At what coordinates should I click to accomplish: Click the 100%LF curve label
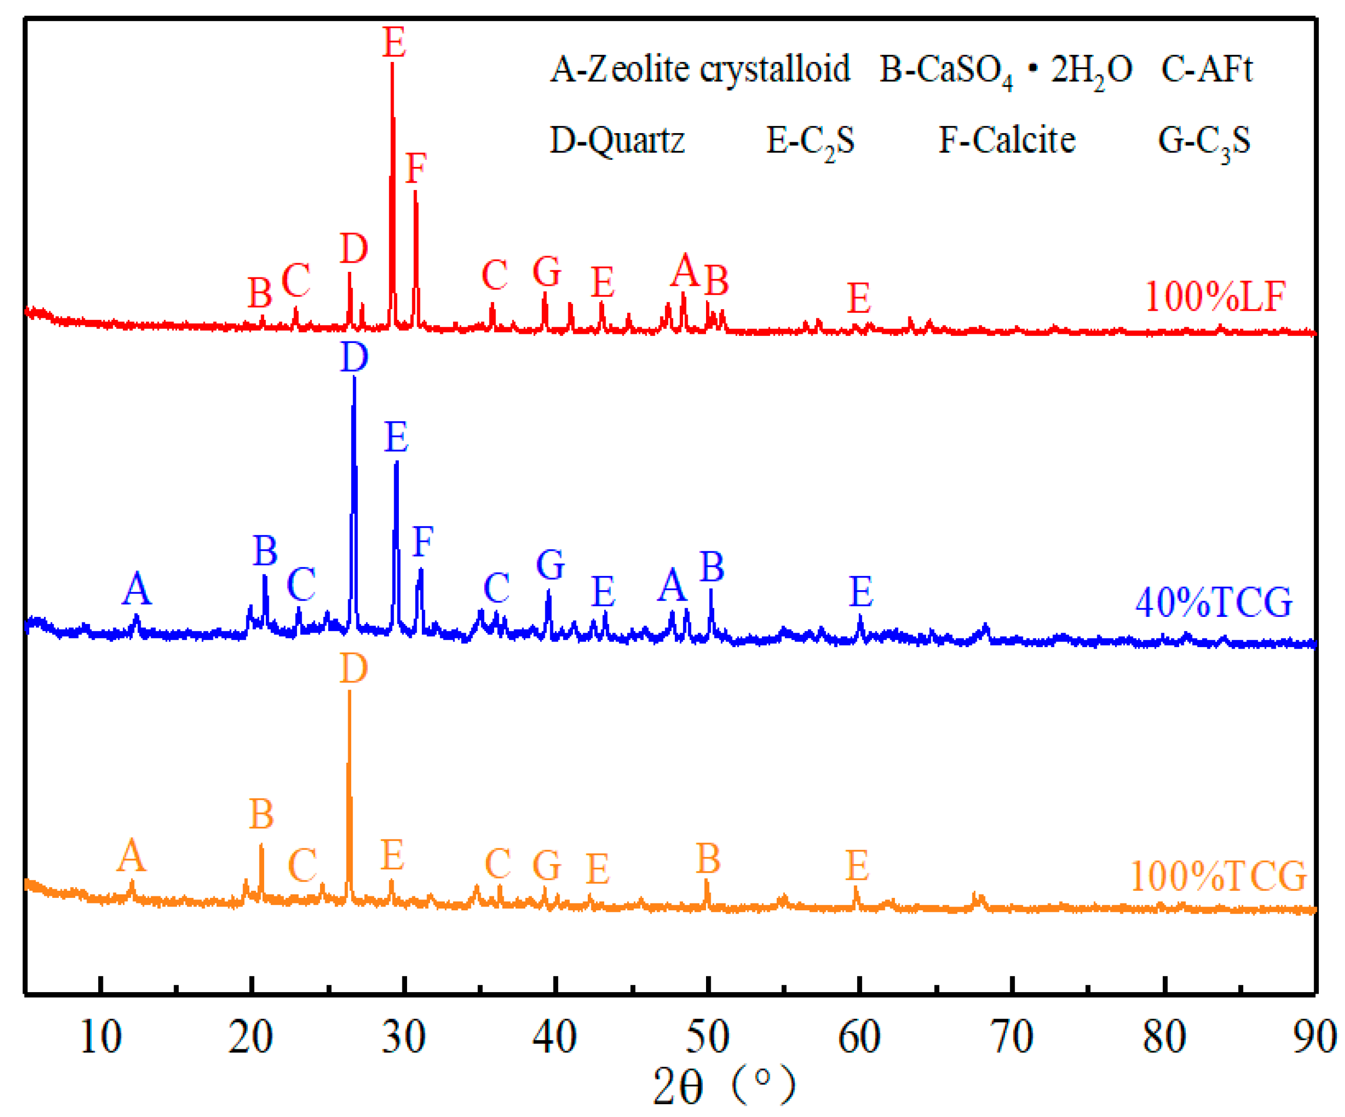click(1215, 297)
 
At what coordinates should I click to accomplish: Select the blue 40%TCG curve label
click(1214, 603)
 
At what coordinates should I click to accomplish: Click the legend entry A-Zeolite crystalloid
click(700, 69)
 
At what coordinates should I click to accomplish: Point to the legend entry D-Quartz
click(617, 140)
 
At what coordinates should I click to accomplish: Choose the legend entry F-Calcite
click(1007, 140)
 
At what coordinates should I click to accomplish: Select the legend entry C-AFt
click(1207, 69)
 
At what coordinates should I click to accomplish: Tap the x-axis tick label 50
click(707, 1038)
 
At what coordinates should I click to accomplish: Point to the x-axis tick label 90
click(1314, 1038)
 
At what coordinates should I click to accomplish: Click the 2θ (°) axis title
click(724, 1086)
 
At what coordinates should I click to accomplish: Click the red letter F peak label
click(416, 168)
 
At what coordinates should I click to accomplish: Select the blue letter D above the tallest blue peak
click(354, 357)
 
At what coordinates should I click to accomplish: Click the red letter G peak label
click(547, 271)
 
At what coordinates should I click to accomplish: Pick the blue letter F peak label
click(423, 542)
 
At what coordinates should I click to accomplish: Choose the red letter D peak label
click(354, 248)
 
